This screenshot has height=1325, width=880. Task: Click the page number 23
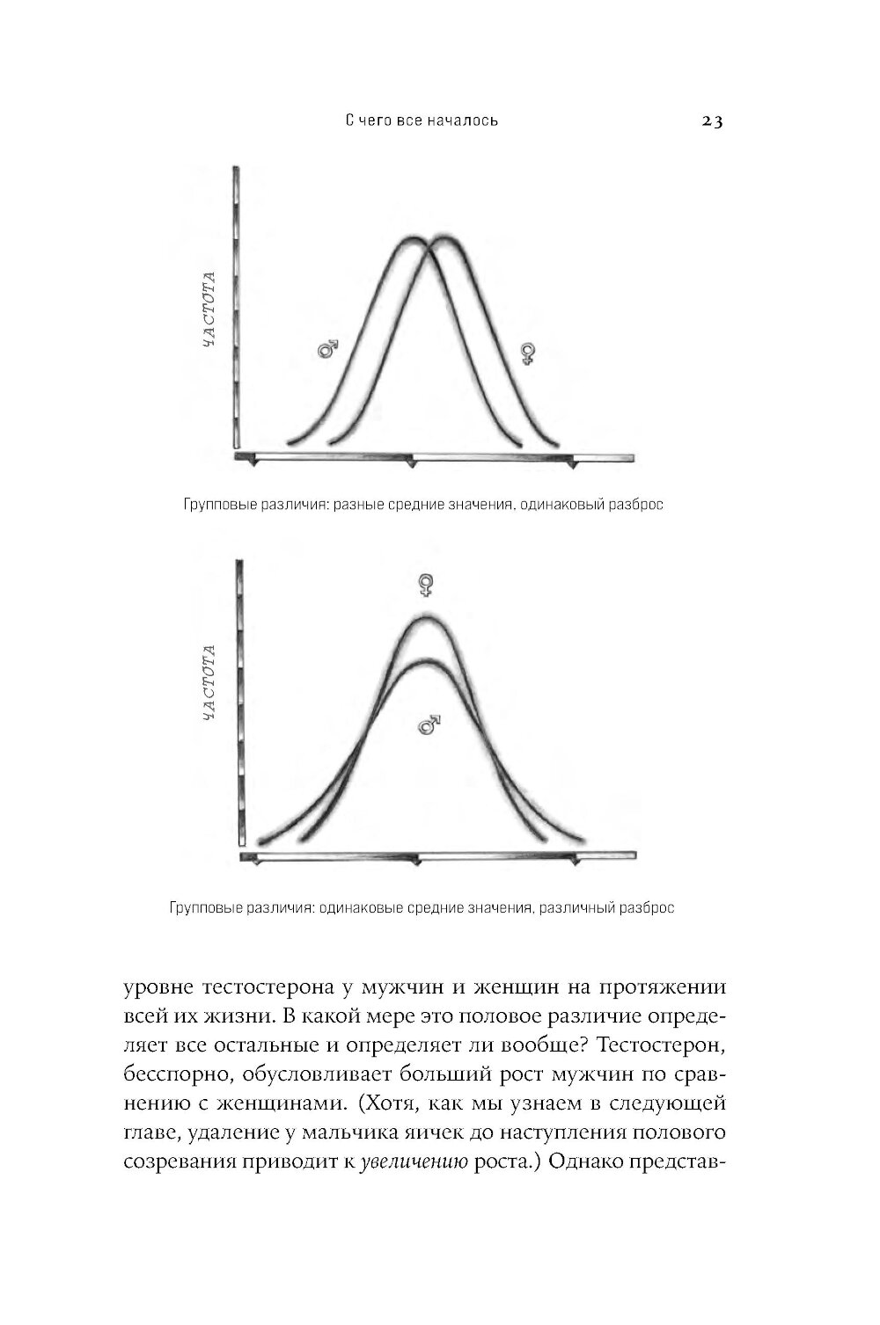point(711,121)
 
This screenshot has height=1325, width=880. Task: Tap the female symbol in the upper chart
point(528,353)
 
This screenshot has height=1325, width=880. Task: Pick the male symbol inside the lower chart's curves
point(429,724)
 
